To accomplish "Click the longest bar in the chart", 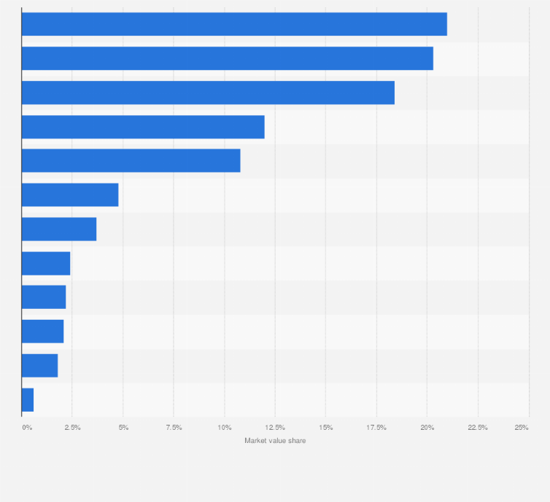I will point(234,24).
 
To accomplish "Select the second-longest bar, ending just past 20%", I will point(227,58).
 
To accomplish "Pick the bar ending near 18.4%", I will point(208,93).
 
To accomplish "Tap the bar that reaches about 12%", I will point(143,127).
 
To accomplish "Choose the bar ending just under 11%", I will point(131,161).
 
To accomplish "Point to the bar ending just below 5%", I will point(70,195).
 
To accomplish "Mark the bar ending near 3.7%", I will point(59,230).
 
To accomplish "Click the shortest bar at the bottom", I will point(28,400).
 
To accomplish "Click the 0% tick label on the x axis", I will point(27,427).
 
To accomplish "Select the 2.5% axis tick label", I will point(72,427).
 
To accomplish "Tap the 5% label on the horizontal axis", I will point(123,427).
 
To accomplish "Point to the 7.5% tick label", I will point(174,427).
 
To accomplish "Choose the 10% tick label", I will point(225,427).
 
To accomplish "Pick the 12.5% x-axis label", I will point(275,427).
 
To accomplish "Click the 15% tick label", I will point(326,427).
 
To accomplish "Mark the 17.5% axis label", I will point(376,427).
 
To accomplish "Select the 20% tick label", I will point(427,427).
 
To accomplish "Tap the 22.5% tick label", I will point(478,427).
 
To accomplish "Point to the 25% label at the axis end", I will point(522,427).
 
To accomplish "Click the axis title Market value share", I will point(275,441).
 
